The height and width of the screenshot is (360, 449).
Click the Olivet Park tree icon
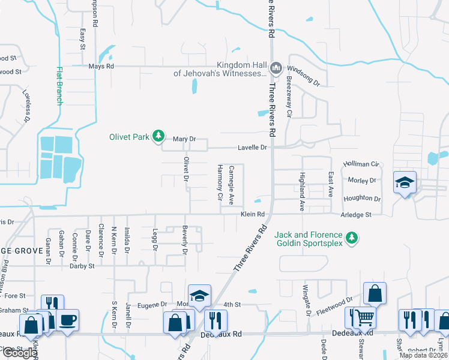coord(158,137)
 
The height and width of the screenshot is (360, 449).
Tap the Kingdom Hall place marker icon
coord(276,67)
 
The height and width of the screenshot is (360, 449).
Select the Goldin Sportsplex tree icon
coord(352,238)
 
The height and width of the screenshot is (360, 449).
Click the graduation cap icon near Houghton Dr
coord(405,182)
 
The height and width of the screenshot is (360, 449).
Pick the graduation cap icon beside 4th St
coord(199,295)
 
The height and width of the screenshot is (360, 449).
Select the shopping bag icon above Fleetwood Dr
coord(375,294)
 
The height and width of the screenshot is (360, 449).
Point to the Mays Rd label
coord(101,66)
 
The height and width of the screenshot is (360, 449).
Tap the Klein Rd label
coord(253,214)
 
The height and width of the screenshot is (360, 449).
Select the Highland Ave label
coord(302,191)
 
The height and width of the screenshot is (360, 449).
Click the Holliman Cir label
coord(361,164)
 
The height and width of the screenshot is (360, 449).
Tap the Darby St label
coord(82,265)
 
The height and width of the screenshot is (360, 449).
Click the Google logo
coord(20,353)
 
